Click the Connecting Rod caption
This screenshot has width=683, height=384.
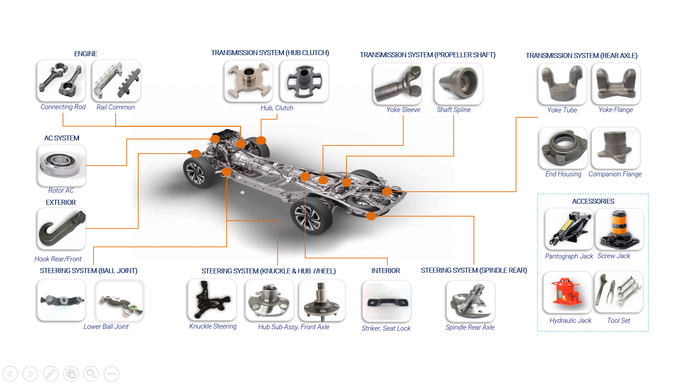(x=63, y=107)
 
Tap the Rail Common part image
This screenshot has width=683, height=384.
(x=116, y=81)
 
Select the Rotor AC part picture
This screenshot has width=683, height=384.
(x=62, y=165)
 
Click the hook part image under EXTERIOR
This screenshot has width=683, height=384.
(x=62, y=229)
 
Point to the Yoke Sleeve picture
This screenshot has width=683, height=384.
(x=397, y=84)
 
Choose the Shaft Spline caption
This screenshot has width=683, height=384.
(x=454, y=110)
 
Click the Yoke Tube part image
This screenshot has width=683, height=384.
(x=562, y=84)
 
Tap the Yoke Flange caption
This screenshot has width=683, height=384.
(x=615, y=110)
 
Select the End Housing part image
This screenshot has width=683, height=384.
(x=563, y=148)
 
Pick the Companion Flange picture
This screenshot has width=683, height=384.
(x=616, y=148)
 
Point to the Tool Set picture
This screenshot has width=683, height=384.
(x=619, y=292)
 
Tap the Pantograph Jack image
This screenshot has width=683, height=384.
(x=569, y=229)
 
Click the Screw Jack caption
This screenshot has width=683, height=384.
(x=614, y=256)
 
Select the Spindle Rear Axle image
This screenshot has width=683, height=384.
(x=471, y=301)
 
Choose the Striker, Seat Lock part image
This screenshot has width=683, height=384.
(x=386, y=301)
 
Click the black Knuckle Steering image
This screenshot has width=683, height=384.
(x=212, y=300)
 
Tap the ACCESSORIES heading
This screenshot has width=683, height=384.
(x=593, y=201)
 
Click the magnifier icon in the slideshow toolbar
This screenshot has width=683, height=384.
(x=91, y=374)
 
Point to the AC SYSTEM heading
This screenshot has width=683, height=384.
(x=62, y=138)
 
